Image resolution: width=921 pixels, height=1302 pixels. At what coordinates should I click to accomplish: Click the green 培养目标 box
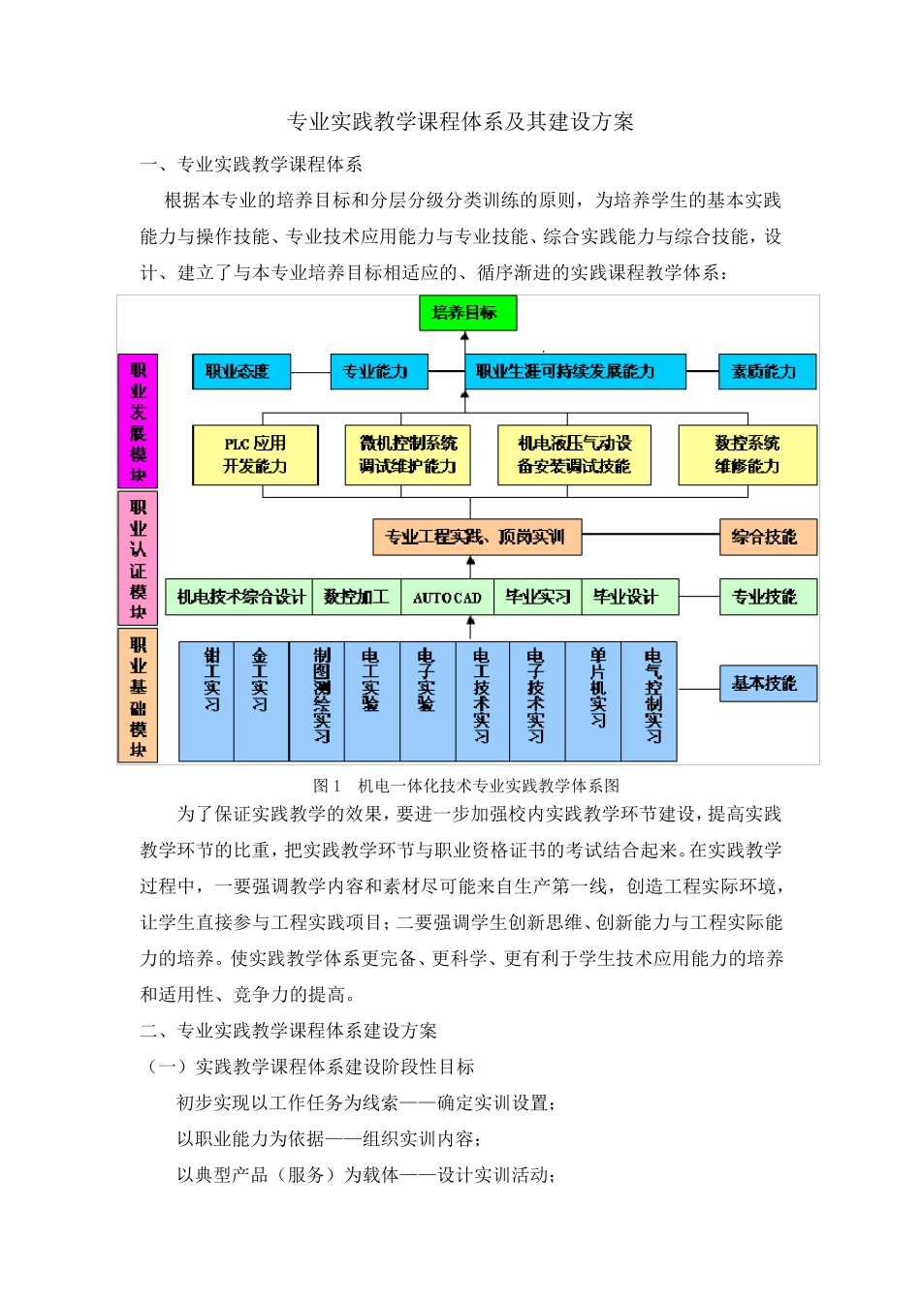467,313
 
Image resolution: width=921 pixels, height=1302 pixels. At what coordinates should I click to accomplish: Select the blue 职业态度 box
240,372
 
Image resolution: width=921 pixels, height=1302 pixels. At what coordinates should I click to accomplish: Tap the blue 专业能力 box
379,372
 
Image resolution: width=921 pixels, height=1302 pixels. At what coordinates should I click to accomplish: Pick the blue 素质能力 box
767,372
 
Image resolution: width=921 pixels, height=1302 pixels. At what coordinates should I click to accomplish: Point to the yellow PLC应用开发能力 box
255,455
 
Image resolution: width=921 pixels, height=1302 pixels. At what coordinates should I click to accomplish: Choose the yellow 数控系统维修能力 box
746,455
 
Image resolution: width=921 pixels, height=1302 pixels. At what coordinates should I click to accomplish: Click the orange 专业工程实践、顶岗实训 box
477,537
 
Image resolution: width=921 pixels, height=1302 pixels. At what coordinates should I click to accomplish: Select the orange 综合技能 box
767,537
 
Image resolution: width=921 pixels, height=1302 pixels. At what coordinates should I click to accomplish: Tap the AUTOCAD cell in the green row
447,598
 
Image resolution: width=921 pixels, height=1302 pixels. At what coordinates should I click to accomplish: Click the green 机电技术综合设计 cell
239,598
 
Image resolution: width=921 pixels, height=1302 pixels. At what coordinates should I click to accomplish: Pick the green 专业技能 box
767,598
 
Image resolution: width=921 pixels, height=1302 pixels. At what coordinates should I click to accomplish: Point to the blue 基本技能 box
767,684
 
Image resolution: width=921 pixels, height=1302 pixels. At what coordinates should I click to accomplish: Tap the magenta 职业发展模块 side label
138,421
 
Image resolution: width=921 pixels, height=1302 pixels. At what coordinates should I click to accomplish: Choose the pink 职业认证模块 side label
138,558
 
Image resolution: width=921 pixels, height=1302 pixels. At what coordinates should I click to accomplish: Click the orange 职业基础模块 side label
138,696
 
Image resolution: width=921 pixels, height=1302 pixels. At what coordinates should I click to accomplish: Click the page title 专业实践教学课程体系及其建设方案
460,122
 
